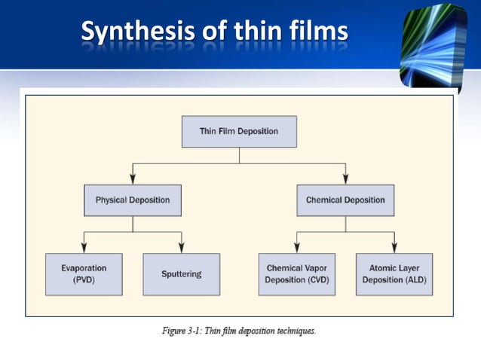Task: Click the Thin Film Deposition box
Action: (239, 131)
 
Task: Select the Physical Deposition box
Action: (133, 200)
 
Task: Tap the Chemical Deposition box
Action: (345, 200)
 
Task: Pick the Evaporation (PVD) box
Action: (84, 273)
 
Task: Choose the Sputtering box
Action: (182, 273)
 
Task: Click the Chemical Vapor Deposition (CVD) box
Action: (296, 273)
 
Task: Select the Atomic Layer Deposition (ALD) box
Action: (394, 273)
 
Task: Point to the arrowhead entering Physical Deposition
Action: (133, 178)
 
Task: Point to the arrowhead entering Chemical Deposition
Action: (345, 178)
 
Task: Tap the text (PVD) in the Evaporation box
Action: (84, 279)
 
